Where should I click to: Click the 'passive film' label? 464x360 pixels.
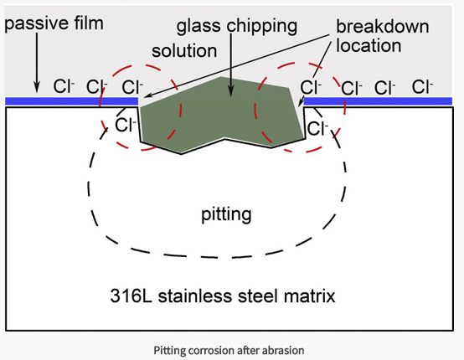(x=54, y=23)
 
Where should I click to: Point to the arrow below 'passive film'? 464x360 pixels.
(x=36, y=63)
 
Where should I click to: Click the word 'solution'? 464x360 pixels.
(x=184, y=51)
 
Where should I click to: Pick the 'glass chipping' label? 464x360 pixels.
(x=236, y=25)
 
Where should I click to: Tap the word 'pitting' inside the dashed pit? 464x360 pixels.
(x=226, y=214)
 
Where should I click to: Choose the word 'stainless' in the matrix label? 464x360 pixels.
(x=198, y=296)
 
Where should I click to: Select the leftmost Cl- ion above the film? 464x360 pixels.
(x=64, y=85)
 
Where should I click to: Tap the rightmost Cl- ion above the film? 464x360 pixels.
(x=422, y=85)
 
